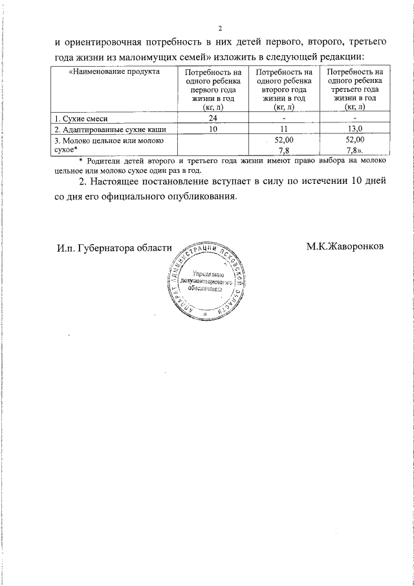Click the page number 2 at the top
click(x=220, y=29)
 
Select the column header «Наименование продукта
click(x=114, y=72)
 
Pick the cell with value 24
click(x=213, y=118)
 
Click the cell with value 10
click(x=213, y=129)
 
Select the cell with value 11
click(x=284, y=129)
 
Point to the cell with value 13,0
click(x=355, y=129)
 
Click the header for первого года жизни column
click(x=213, y=89)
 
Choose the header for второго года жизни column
click(x=284, y=89)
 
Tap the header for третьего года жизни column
click(x=355, y=89)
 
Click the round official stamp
click(x=207, y=282)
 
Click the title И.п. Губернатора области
click(x=114, y=248)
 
